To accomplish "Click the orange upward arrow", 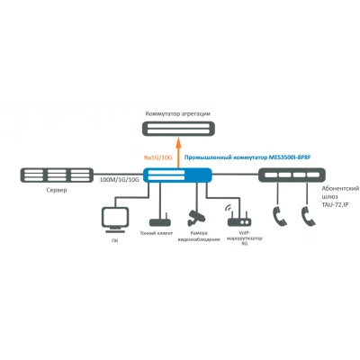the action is [177, 152].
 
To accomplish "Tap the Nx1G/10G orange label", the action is [158, 157].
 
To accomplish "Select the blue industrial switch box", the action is [177, 175].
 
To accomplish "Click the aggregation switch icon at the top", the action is [178, 129].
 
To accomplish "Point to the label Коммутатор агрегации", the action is [178, 113].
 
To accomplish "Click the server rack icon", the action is [57, 175].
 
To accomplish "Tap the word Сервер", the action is [57, 190].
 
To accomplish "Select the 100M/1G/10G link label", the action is [120, 180].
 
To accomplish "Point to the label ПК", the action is [115, 241].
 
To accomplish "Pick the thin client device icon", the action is [160, 220].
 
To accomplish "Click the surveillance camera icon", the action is [196, 218].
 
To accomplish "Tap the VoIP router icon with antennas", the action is [239, 220].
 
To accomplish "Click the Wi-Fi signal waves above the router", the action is [229, 208].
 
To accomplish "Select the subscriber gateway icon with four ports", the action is [292, 175].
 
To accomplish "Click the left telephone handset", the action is [280, 216].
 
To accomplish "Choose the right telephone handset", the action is [308, 216].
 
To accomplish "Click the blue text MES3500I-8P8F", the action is [290, 157].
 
